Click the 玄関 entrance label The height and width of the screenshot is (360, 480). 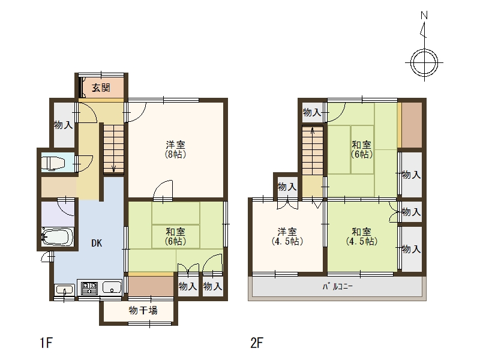coord(101,88)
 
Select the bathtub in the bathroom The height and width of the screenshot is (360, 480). coord(57,236)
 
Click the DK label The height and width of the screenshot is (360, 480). coord(97,243)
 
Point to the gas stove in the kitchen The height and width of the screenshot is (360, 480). coord(89,288)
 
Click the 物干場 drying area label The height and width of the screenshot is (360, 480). coord(143,311)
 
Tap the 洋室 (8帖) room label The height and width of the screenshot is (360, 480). coord(176,149)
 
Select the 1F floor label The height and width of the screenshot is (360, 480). coord(46,343)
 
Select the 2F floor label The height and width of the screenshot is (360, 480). coord(257,343)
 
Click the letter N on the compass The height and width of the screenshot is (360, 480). coord(424,16)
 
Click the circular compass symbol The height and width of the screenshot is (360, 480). coord(424,63)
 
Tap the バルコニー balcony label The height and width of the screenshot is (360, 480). coord(337,287)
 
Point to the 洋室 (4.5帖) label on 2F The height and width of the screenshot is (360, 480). coord(287,236)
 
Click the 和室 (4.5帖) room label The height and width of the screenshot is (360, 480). coord(362,236)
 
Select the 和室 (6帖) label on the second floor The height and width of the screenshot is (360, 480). coord(362,149)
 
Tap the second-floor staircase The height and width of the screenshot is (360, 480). coord(313,151)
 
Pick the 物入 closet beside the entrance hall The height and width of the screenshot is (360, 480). coord(64,125)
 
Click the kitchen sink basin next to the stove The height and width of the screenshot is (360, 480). coord(112,288)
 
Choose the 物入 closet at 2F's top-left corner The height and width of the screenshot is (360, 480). coord(312,112)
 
